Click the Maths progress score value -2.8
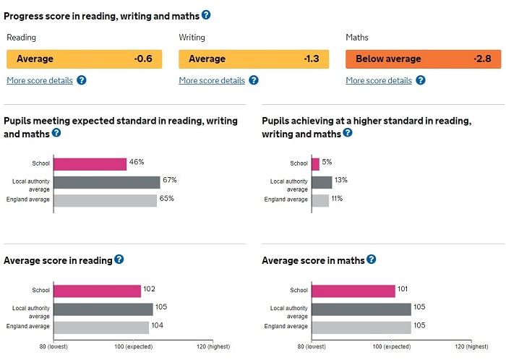(x=482, y=59)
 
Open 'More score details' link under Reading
(x=40, y=80)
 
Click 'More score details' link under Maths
(x=379, y=80)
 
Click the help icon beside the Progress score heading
(x=206, y=14)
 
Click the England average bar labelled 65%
(x=106, y=200)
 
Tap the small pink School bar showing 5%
(x=315, y=164)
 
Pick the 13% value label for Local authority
(x=341, y=181)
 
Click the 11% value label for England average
(x=338, y=199)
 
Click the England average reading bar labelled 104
(x=101, y=327)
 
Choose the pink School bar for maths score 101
(x=353, y=291)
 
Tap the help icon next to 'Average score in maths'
(x=372, y=260)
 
